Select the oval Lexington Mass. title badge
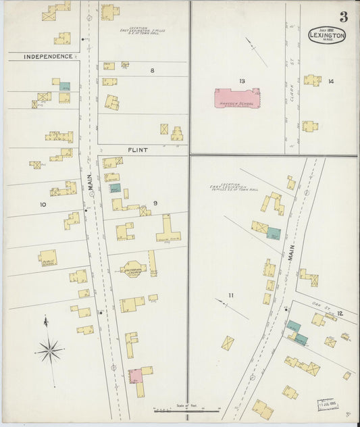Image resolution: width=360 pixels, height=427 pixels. tap(328, 35)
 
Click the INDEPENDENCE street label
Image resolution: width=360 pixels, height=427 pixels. tap(47, 56)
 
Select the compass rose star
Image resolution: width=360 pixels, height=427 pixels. tap(50, 351)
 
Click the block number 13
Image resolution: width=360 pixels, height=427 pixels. tap(242, 81)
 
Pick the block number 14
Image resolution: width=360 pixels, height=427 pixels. tap(331, 81)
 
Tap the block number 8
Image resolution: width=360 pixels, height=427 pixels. tap(152, 70)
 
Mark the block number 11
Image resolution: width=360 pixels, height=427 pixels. tap(230, 296)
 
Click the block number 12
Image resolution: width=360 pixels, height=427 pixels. tap(340, 313)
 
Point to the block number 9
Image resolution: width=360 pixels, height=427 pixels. tap(155, 203)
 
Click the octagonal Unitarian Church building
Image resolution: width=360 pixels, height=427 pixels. tap(133, 269)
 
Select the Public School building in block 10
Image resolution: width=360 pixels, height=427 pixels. tap(47, 257)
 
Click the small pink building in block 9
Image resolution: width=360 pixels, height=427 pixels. tap(135, 374)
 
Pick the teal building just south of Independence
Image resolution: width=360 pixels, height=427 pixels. tap(65, 86)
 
